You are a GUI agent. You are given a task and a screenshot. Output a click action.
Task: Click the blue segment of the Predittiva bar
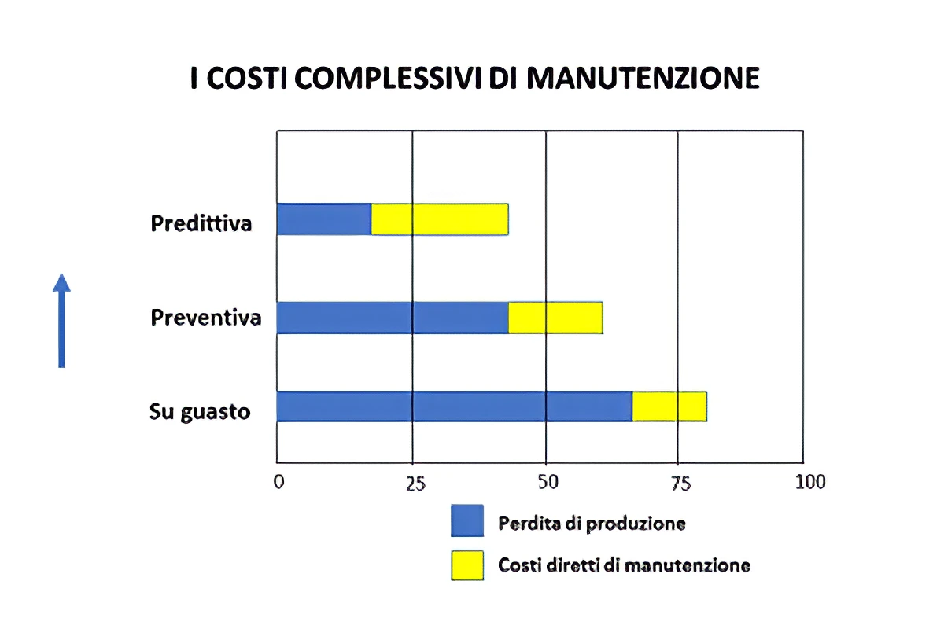tap(324, 219)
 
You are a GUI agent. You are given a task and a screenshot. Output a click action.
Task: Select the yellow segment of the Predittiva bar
tap(440, 219)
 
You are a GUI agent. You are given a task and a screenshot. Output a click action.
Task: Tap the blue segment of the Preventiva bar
tap(393, 318)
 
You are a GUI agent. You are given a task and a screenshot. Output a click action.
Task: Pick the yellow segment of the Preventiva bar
tap(555, 318)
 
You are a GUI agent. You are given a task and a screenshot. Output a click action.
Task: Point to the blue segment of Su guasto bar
tap(455, 406)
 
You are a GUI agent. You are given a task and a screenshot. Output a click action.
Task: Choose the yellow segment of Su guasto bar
tap(669, 406)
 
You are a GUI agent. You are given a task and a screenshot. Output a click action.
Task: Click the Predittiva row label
tap(201, 223)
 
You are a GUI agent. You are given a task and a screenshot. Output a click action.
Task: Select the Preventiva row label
tap(206, 318)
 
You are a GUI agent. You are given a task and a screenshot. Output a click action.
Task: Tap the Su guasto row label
tap(200, 411)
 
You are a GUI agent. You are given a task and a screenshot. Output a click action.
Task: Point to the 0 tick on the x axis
tap(278, 482)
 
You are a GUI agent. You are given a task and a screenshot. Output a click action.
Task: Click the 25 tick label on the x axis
tap(415, 482)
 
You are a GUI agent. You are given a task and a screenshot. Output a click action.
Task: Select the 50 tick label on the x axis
tap(548, 482)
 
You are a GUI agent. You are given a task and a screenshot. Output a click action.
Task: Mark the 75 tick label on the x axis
tap(680, 482)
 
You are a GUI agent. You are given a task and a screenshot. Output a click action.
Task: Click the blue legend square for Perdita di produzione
tap(466, 520)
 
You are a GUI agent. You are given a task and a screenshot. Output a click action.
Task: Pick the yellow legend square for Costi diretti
tap(466, 564)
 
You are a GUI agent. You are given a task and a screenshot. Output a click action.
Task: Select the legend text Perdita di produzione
tap(592, 523)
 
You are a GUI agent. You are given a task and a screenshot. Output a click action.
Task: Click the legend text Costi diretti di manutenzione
tap(624, 565)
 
